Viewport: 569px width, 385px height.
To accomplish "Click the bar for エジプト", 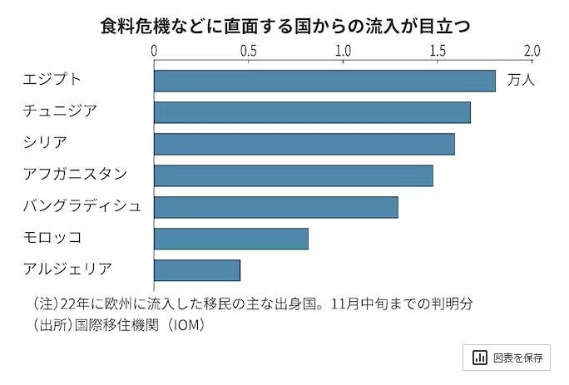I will tap(324, 81).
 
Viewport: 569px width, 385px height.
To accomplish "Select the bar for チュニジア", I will tap(312, 112).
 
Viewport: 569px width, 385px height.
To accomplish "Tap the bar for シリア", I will tap(304, 144).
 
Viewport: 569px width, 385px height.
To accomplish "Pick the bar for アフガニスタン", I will tap(294, 175).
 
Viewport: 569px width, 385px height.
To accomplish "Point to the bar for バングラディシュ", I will tap(276, 207).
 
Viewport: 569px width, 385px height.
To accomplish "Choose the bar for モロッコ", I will tap(231, 239).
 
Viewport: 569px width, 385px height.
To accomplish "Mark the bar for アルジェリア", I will tap(197, 270).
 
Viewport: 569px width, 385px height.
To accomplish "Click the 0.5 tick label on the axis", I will tap(248, 51).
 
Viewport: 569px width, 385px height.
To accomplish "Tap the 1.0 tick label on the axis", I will tap(343, 51).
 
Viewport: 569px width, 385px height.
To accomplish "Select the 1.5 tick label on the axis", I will tap(437, 51).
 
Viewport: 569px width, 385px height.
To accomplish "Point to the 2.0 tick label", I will tap(531, 51).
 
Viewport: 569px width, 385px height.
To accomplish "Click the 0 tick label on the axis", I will tap(154, 51).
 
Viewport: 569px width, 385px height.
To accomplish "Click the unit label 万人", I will tap(520, 81).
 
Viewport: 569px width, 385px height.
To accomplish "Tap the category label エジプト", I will tap(53, 80).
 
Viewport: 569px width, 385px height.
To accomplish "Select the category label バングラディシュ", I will tap(82, 206).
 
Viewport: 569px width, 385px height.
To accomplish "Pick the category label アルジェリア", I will tap(68, 269).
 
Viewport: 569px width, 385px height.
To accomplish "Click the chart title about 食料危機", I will tap(284, 26).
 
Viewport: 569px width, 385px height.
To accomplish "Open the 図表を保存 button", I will tap(507, 358).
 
